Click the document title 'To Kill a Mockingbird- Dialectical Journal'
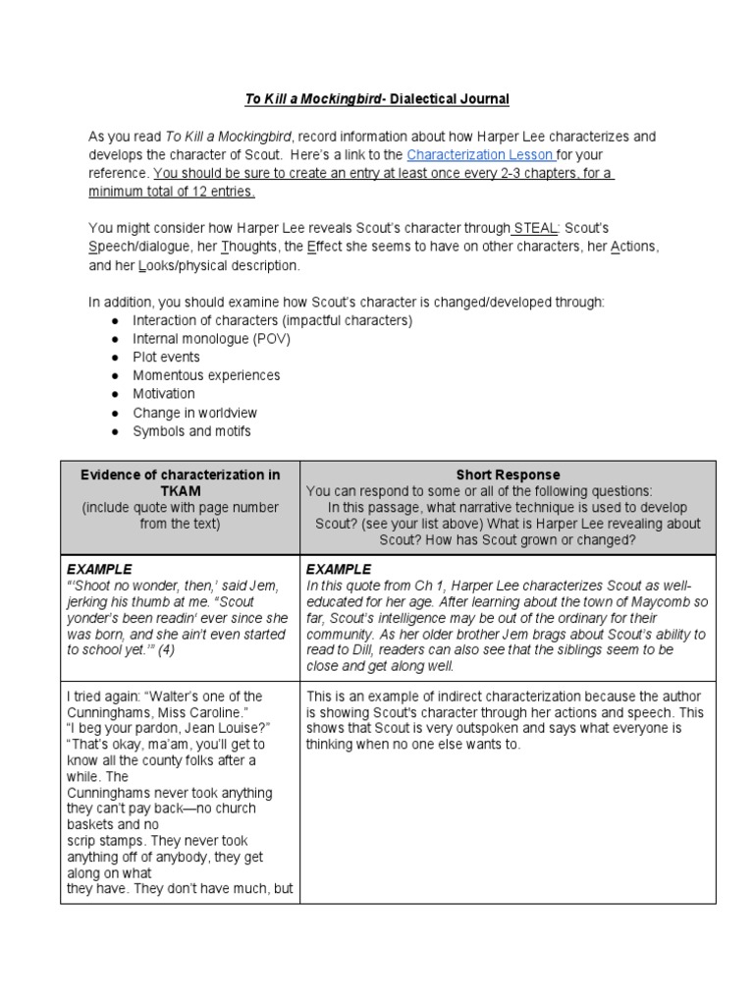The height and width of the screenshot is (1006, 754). coord(376,99)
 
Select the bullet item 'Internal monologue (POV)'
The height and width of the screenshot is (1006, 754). coord(211,339)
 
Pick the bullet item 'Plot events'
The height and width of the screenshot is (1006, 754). coord(166,358)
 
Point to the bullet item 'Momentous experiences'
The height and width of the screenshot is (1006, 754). coord(206,376)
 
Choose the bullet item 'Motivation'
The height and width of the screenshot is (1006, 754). coord(164,395)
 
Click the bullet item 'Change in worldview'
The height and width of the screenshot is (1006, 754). coord(194,414)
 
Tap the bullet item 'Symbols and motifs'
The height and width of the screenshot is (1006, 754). coord(191,432)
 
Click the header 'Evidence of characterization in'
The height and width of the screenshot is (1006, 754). coord(180,475)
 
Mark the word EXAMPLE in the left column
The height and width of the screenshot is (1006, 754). coord(98,570)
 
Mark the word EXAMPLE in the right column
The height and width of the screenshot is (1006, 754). coord(339,570)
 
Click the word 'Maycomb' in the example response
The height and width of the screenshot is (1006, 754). coord(654,602)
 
